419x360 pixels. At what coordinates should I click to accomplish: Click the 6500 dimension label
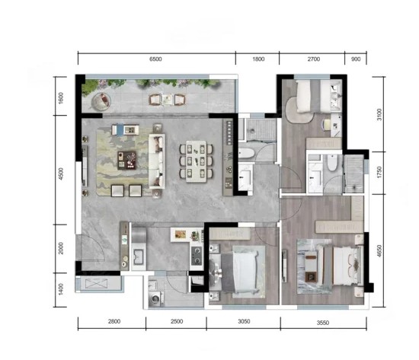(x=155, y=59)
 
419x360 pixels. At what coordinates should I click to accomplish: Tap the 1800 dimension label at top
(x=258, y=59)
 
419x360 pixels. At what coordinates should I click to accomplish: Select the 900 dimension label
(x=356, y=59)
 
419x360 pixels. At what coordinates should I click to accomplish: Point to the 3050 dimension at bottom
(x=244, y=321)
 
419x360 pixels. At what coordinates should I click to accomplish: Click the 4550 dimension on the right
(x=379, y=250)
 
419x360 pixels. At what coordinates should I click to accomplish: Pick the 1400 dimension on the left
(x=61, y=289)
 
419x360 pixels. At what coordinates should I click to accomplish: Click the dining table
(x=196, y=161)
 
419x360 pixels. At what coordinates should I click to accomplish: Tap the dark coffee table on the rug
(x=127, y=161)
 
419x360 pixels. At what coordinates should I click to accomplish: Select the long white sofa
(x=157, y=161)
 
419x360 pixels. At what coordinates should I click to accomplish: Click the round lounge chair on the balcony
(x=101, y=101)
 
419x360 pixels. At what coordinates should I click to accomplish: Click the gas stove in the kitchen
(x=197, y=256)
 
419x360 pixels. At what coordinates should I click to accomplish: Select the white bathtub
(x=246, y=153)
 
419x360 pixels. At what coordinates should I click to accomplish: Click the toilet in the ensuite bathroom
(x=332, y=162)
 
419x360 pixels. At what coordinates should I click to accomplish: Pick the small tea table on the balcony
(x=167, y=99)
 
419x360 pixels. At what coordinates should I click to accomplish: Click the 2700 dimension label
(x=313, y=59)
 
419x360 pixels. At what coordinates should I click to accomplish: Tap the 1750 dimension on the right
(x=379, y=173)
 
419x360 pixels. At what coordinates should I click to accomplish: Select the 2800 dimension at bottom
(x=114, y=321)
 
